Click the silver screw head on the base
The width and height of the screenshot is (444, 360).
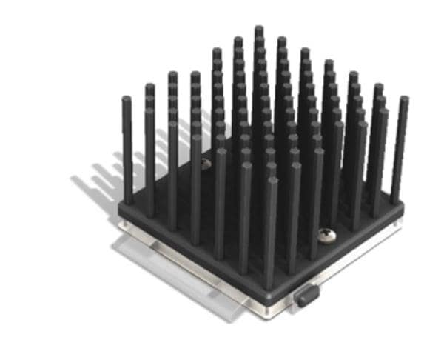pos(326,235)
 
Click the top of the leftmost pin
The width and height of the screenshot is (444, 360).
pos(127,99)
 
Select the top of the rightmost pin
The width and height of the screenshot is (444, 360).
pos(404,99)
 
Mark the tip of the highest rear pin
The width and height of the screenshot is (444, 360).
pos(258,29)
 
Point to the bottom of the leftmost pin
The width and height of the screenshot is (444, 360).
pos(129,201)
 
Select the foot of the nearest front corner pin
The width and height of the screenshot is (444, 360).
pos(271,286)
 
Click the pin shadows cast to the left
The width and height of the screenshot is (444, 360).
pos(104,178)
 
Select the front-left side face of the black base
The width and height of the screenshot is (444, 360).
pos(192,256)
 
